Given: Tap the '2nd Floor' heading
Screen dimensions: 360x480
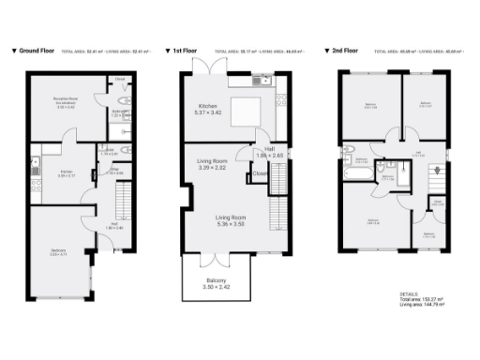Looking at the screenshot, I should point(344,50).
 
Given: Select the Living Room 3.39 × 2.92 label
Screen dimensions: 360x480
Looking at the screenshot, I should point(213,166).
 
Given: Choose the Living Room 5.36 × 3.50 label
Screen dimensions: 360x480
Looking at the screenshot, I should point(217,220).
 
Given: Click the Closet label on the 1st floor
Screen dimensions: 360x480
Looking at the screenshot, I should point(259,173).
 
